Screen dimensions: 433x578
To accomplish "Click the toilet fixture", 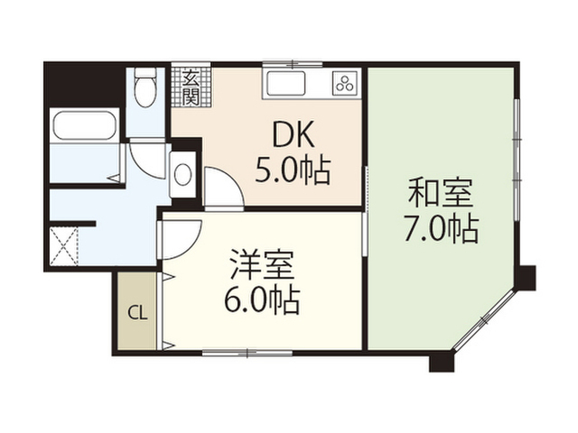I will click(x=144, y=91).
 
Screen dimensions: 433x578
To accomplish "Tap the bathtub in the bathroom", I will click(x=86, y=125).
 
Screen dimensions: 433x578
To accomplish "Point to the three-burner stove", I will click(x=345, y=83).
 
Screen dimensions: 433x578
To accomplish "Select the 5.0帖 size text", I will click(x=292, y=169).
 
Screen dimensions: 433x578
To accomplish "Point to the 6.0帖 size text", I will click(x=262, y=299).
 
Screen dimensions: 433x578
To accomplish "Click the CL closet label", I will click(x=136, y=314).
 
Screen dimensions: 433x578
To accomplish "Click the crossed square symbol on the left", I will click(x=66, y=246).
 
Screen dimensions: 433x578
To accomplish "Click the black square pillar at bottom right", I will click(x=440, y=364).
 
